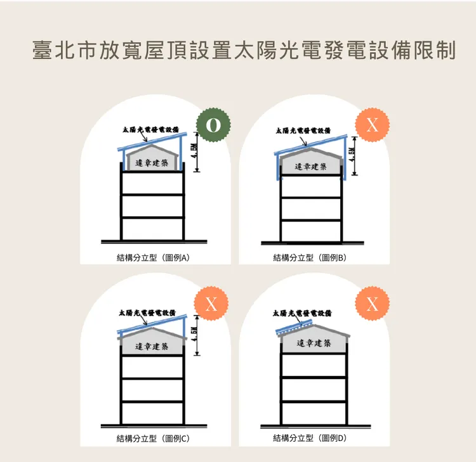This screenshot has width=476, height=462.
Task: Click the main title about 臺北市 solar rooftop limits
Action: [244, 50]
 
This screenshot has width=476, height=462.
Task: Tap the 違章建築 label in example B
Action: [311, 167]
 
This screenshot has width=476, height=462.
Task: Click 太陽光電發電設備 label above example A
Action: [151, 129]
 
